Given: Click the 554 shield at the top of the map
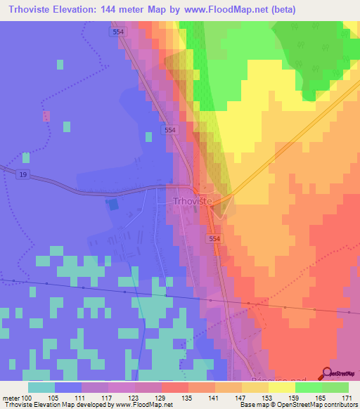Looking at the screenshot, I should coord(119,32).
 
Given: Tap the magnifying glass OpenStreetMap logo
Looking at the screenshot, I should coord(328,373).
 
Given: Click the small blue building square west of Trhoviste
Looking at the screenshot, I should coord(112,204).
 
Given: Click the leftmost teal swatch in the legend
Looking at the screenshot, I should coord(41,387).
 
